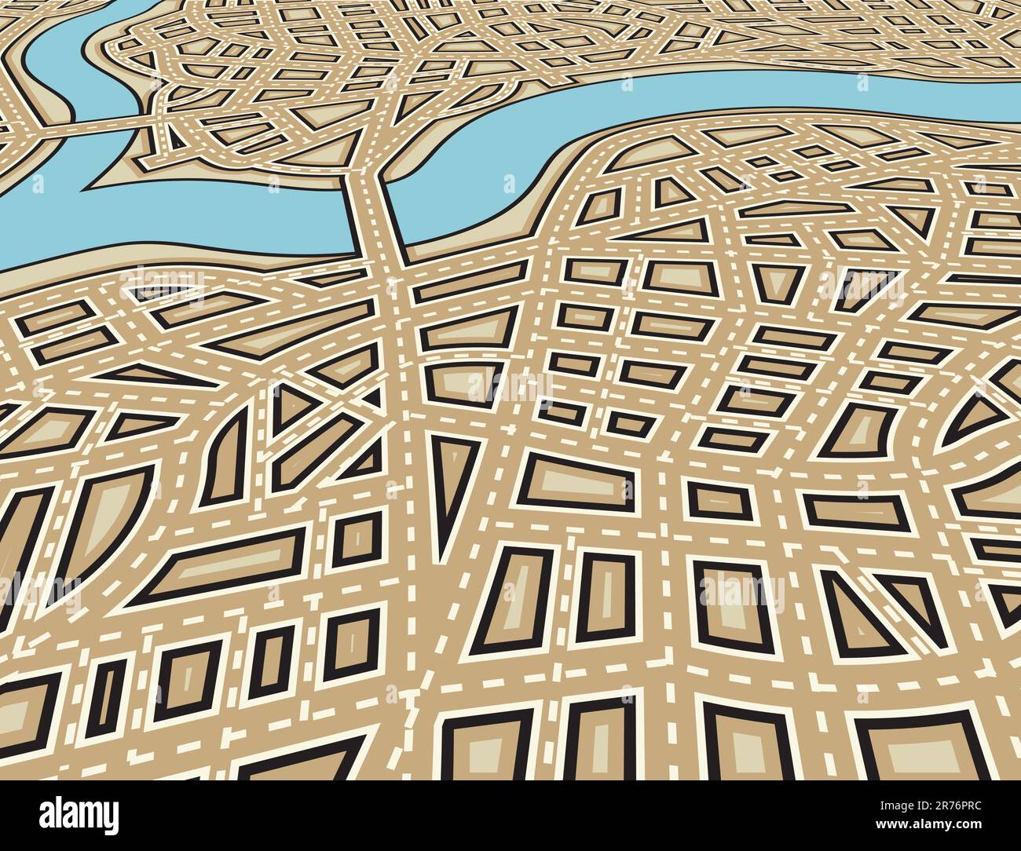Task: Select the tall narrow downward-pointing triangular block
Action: (x=456, y=479)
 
